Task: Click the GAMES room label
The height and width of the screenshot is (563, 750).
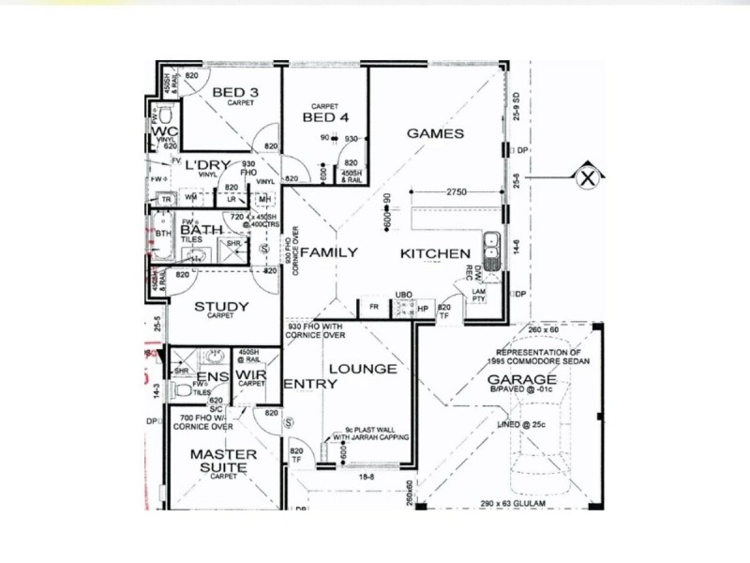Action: coord(435,133)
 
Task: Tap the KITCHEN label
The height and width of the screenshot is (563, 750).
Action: coord(435,254)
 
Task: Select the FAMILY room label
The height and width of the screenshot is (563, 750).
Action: coord(328,252)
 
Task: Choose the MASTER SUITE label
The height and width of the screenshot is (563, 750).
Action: coord(217,460)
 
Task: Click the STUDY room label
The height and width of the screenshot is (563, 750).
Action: coord(221,306)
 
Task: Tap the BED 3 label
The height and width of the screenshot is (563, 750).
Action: coord(234,92)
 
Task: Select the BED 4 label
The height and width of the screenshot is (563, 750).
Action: coord(325,118)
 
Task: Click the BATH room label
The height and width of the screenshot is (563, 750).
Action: coord(201,229)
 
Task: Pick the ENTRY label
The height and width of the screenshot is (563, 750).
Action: coord(303,384)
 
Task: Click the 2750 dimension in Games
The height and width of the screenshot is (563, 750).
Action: coord(457,191)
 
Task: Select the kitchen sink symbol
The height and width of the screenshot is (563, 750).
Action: coord(490,249)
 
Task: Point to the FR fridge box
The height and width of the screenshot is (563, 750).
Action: coord(373,307)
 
